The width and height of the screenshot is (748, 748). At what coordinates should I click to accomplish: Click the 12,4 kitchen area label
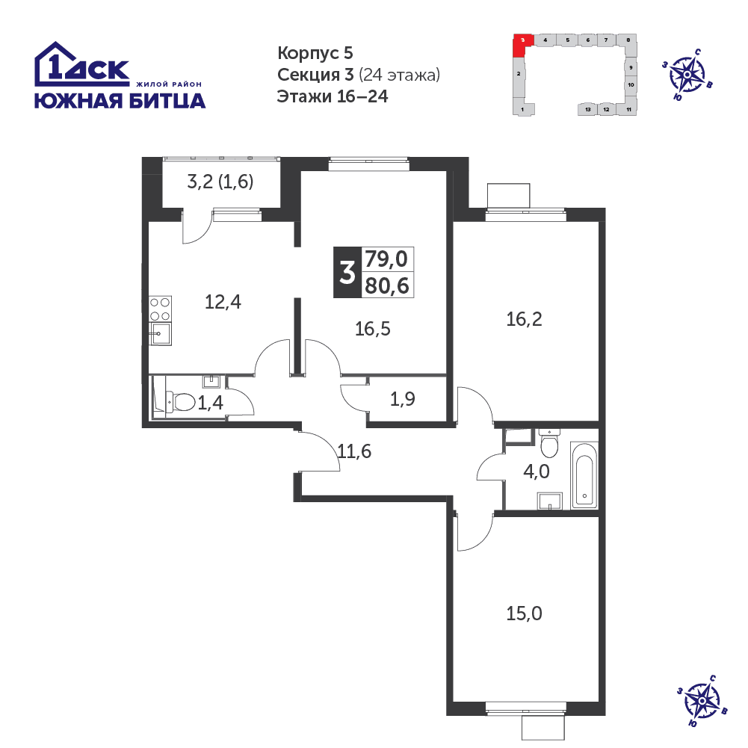(223, 302)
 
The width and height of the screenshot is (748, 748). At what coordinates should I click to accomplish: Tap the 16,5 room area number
(373, 329)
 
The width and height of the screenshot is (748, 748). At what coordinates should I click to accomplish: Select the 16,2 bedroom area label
(524, 319)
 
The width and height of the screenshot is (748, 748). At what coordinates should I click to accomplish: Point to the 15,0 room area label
(524, 613)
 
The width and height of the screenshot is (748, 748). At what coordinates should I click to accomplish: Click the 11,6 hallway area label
(354, 451)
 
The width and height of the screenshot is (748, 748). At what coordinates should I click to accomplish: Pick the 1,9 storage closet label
(403, 399)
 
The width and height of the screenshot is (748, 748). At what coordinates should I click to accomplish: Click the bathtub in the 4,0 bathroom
(584, 475)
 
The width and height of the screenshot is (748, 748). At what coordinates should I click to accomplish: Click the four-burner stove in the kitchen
(160, 309)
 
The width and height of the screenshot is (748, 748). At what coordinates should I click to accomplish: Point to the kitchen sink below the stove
(160, 333)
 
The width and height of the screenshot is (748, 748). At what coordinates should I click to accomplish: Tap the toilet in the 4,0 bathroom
(550, 442)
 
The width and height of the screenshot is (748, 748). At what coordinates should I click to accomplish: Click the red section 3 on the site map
(522, 44)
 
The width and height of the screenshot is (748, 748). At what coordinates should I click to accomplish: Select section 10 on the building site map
(631, 85)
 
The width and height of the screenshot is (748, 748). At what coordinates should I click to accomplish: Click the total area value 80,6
(387, 286)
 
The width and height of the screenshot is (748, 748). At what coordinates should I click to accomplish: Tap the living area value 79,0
(386, 259)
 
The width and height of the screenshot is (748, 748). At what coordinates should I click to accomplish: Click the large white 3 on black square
(347, 273)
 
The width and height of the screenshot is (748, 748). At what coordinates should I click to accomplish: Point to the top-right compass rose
(687, 75)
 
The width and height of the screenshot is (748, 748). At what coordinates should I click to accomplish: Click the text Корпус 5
(315, 53)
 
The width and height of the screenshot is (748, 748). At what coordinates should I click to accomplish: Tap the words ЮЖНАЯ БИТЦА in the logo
(120, 101)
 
